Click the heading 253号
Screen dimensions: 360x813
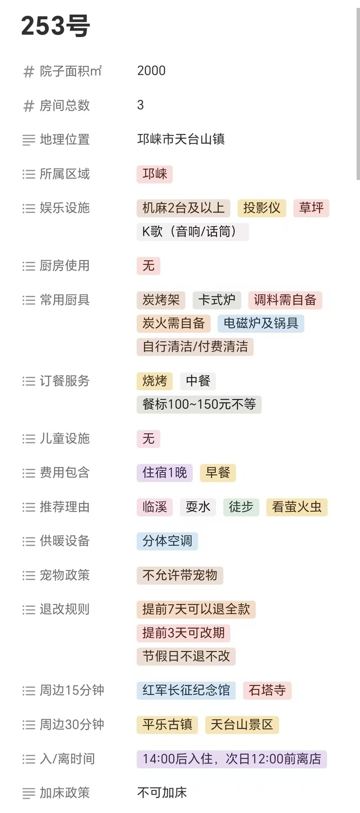coord(55,26)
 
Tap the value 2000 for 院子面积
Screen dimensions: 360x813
coord(151,71)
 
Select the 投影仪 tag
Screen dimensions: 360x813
coord(261,208)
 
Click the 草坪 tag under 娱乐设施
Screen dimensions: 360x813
coord(311,208)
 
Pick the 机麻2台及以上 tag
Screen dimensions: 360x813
coord(183,208)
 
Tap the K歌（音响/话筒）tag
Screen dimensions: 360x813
coord(192,232)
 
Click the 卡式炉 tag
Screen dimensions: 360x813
coord(216,300)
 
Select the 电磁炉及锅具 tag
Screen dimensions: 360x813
coord(261,323)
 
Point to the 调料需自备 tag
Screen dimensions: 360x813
coord(285,300)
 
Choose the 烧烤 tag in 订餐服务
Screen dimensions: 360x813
coord(154,381)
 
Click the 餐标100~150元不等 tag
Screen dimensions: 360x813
coord(199,404)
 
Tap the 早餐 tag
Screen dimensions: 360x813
coord(217,473)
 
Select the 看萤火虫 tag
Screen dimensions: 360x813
coord(296,507)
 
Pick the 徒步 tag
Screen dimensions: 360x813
coord(241,507)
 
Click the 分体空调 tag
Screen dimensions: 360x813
coord(167,541)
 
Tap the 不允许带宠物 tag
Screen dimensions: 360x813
coord(180,575)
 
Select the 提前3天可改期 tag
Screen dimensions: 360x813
coord(183,633)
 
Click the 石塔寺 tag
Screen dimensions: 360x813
coord(267,690)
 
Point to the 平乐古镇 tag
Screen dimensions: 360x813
coord(167,725)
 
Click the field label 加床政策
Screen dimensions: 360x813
coord(65,793)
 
